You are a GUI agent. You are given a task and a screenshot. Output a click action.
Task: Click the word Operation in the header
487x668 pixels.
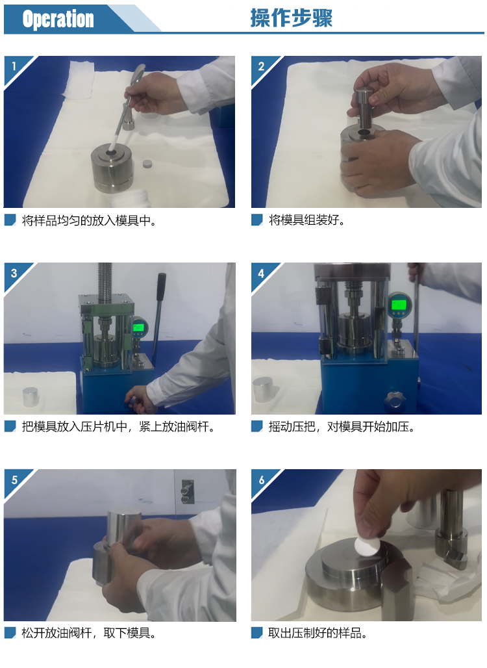pos(58,19)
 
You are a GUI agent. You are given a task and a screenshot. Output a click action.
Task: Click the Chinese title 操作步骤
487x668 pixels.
pos(291,18)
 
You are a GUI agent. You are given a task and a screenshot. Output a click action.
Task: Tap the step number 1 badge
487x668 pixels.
pos(14,66)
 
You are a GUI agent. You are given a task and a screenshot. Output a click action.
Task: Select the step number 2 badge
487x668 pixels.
pos(262,66)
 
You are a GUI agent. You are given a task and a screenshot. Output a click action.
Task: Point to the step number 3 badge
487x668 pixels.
pos(14,273)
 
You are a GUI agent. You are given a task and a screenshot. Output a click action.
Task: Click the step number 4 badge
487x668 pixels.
pos(262,273)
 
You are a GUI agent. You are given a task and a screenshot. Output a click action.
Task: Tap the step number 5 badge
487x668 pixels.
pos(14,480)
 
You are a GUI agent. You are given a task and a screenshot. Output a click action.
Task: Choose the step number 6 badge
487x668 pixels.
pos(262,480)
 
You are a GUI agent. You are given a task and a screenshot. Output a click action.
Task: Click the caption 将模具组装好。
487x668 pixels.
pos(306,220)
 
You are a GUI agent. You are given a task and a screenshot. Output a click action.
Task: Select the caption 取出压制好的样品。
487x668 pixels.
pos(318,633)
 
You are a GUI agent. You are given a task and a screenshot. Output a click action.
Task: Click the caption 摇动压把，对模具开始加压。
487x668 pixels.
pos(342,426)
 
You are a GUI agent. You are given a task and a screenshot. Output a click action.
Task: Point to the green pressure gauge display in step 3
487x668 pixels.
pos(138,328)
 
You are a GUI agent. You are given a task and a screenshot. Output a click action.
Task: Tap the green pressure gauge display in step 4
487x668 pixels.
pos(399,305)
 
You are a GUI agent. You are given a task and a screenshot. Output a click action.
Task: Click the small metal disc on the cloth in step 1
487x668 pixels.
pos(147,164)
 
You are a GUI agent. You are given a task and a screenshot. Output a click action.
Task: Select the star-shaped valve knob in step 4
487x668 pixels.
pos(392,400)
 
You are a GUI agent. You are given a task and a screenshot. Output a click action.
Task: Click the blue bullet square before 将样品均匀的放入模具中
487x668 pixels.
pos(10,220)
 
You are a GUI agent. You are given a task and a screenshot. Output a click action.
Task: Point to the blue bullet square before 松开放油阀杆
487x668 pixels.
pos(10,633)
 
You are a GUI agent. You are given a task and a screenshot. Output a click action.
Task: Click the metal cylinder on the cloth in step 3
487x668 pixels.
pos(31,396)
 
